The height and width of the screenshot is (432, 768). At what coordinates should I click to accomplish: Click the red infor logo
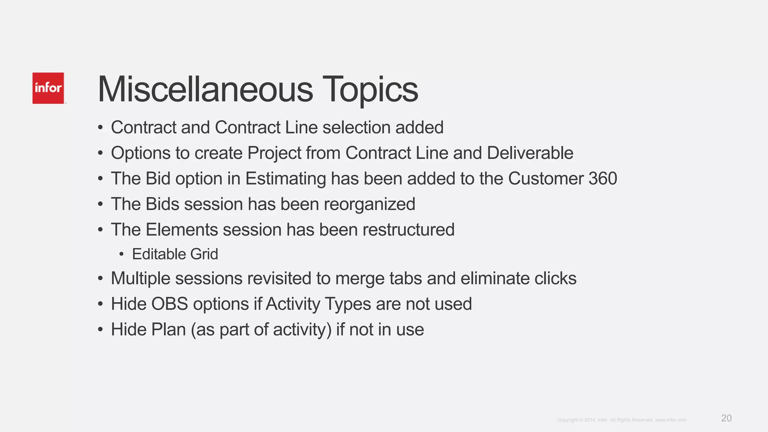48,88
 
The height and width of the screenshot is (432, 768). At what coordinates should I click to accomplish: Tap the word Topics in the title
370,90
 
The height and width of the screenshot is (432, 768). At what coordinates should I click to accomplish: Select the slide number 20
726,418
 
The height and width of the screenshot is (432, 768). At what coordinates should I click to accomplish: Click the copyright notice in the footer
621,420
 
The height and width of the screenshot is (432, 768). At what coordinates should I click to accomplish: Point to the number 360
603,178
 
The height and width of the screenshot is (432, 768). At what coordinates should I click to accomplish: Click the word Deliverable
530,153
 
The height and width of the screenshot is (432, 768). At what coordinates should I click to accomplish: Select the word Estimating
286,179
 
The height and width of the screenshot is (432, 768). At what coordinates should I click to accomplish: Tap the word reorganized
369,204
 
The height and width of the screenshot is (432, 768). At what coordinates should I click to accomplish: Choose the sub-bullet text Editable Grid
175,254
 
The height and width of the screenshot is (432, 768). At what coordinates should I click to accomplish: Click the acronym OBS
169,304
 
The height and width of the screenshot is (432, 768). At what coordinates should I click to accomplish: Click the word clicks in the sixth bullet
555,279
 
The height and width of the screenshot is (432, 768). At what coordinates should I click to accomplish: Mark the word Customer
546,178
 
